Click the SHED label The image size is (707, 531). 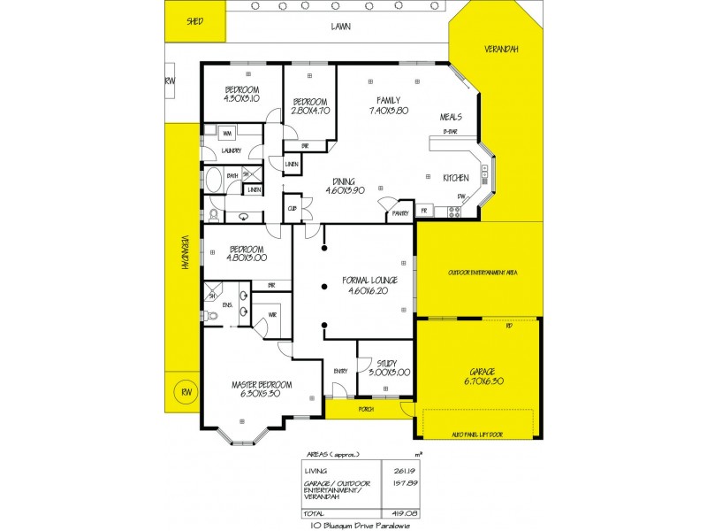(x=194, y=20)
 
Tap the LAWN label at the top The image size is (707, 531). (x=340, y=27)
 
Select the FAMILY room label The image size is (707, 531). (x=388, y=100)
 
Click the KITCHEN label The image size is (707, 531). (x=455, y=177)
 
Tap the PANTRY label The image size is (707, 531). (x=399, y=213)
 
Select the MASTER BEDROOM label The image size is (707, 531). (x=256, y=385)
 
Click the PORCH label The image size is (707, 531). (x=365, y=410)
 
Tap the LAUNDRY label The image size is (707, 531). (x=232, y=150)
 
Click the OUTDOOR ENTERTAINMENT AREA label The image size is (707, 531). (x=482, y=273)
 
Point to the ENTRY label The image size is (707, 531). (x=340, y=371)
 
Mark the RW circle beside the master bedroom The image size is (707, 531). (x=186, y=392)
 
